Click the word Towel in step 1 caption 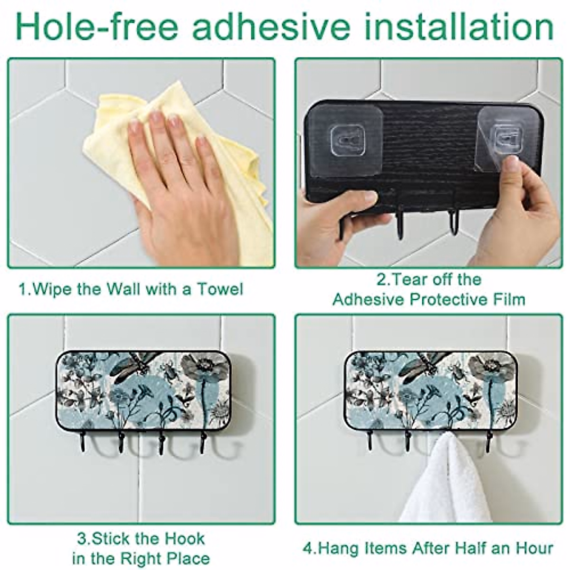coord(221,289)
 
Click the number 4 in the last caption coord(307,548)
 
